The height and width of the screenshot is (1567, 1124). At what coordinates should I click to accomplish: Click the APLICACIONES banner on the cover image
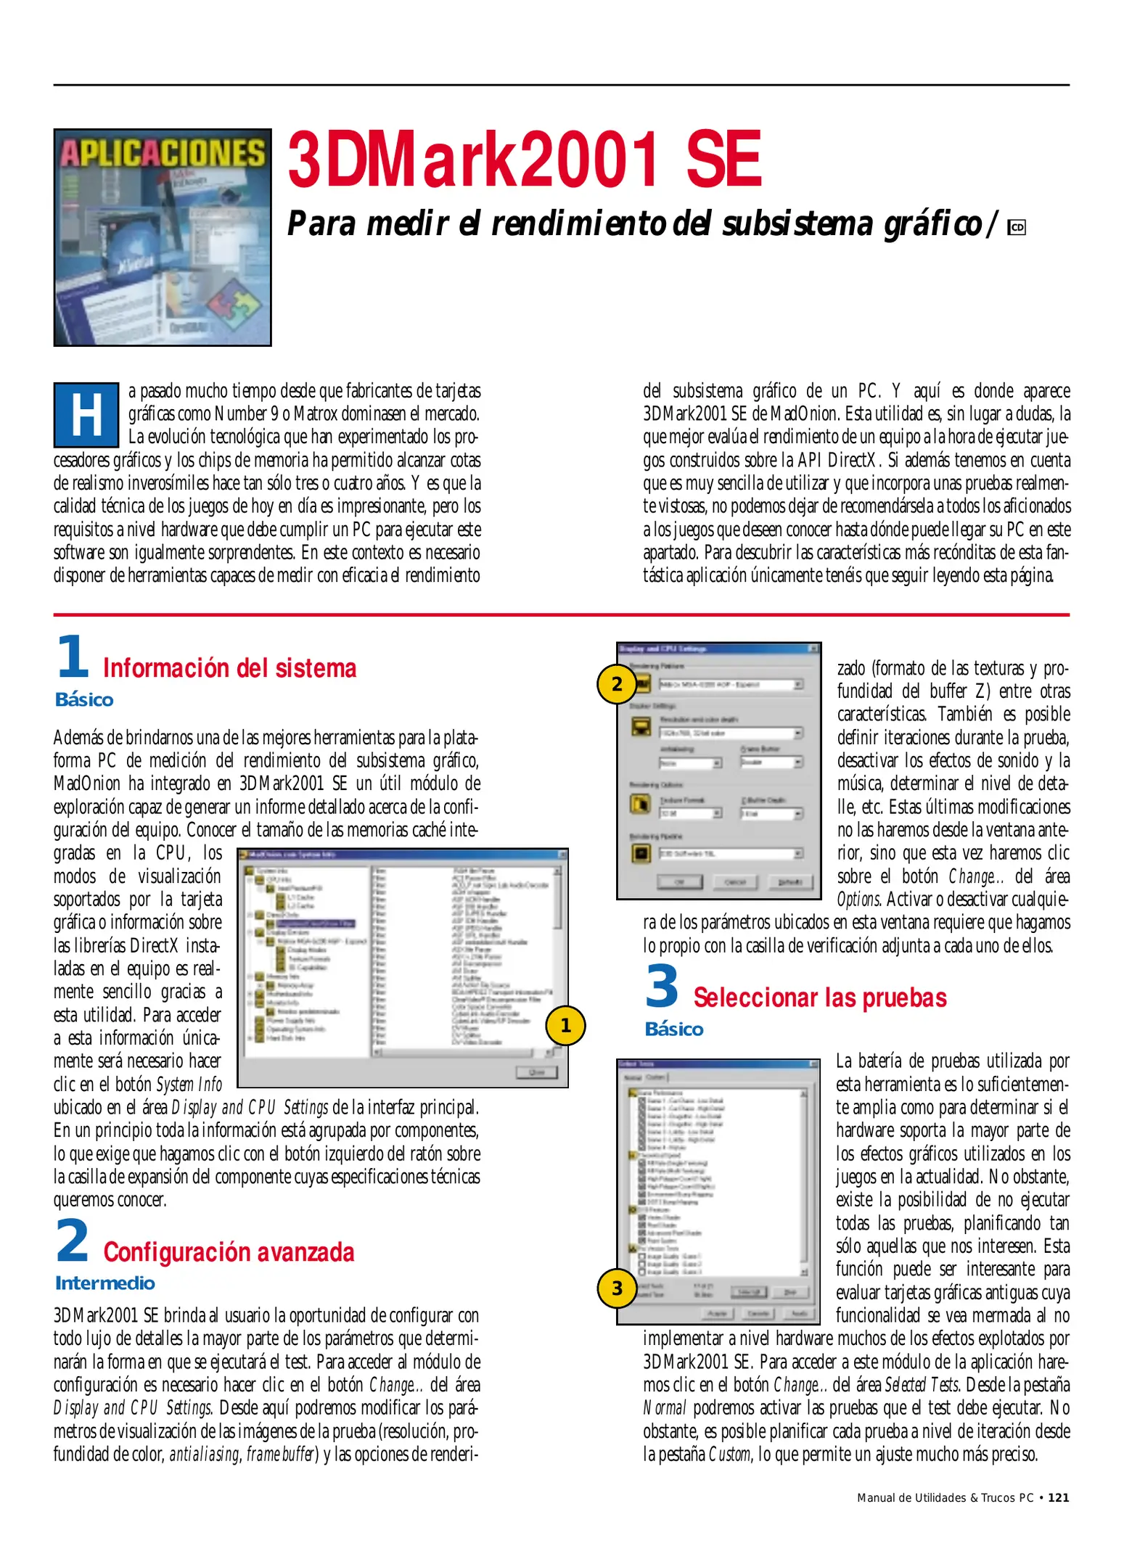[163, 154]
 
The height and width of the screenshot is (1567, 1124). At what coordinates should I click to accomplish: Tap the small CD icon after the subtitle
[1017, 228]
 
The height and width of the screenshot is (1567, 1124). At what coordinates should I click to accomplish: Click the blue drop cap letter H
[86, 415]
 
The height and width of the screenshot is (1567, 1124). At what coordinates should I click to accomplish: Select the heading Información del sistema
[229, 668]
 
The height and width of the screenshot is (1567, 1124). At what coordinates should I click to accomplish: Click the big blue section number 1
[73, 656]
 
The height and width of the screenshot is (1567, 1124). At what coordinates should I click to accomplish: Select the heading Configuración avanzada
[229, 1252]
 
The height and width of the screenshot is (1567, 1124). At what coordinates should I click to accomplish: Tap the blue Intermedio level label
[105, 1283]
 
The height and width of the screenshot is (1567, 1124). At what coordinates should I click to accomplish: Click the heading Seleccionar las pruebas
[819, 998]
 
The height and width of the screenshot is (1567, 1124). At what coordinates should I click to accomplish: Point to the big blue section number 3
[662, 987]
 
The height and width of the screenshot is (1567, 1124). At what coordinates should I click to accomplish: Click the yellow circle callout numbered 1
[565, 1025]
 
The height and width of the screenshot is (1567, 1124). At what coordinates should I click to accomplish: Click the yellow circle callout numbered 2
[617, 684]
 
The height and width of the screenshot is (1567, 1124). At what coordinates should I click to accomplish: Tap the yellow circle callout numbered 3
[617, 1288]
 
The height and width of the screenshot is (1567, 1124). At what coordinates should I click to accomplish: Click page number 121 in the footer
[1059, 1497]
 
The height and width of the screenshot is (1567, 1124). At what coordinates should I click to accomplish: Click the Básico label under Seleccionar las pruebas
[673, 1029]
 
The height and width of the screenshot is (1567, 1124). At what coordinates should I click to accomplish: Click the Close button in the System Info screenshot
[536, 1072]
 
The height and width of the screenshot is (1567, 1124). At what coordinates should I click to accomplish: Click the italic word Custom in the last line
[729, 1455]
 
